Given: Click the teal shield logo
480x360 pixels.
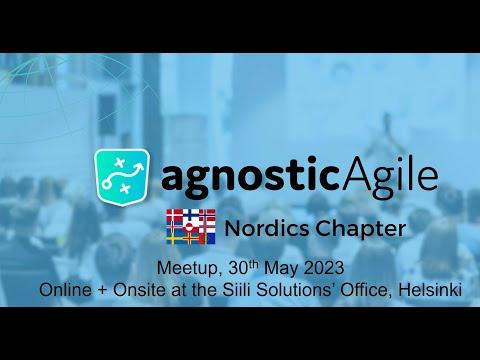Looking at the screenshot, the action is (x=122, y=177).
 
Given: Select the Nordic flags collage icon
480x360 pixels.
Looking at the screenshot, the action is (x=191, y=227).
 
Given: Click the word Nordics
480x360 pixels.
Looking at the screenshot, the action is (x=267, y=229).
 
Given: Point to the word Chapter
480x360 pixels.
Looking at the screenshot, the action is (x=361, y=230).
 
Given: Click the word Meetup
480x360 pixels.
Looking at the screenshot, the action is (x=188, y=269).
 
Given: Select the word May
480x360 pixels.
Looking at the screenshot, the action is (x=281, y=269).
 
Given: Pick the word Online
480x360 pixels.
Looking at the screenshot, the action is (x=65, y=290).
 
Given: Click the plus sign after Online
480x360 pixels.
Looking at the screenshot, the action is (x=102, y=291).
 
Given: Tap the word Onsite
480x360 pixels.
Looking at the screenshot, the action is (x=139, y=290).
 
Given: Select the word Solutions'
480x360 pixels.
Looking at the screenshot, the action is (x=296, y=290).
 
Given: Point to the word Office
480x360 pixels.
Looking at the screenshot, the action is (x=366, y=290).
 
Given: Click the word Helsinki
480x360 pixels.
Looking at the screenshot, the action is (x=430, y=290).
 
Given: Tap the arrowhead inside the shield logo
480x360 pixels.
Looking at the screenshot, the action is (x=140, y=166).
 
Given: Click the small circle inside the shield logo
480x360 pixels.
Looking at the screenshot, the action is (x=107, y=184).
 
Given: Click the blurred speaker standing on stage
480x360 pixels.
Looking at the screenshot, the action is (x=387, y=130).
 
